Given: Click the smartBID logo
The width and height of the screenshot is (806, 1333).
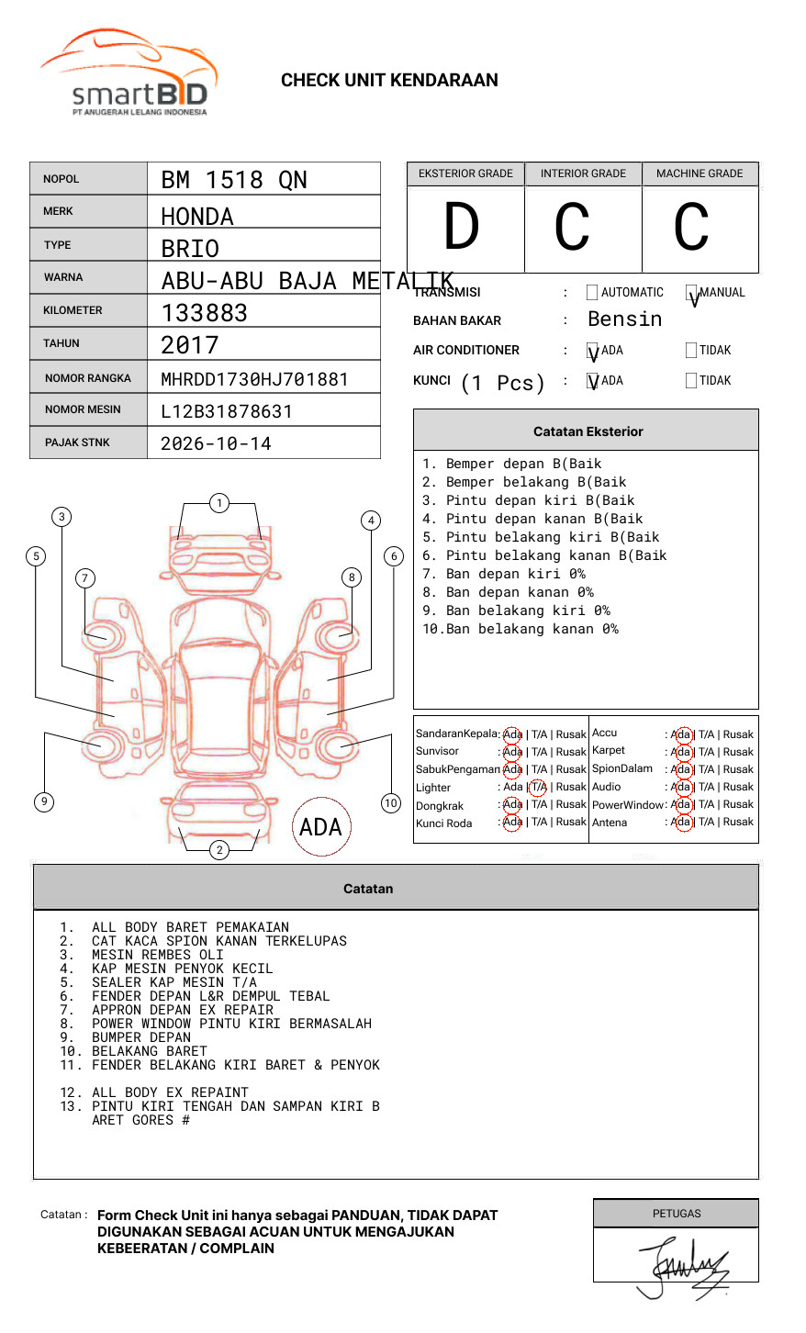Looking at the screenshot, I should pos(129,73).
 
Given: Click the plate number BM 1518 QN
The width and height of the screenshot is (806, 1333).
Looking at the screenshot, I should pos(234,180).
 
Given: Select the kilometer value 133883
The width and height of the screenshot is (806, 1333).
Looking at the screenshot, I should pos(205,313).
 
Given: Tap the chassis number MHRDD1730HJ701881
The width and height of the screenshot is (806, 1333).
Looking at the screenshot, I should pos(254,379).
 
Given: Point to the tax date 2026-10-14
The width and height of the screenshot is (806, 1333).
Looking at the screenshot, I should pos(216,443).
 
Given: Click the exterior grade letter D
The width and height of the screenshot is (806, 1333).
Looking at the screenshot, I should pos(462,227).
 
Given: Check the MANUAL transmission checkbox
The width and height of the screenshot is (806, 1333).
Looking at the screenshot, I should pos(692,293).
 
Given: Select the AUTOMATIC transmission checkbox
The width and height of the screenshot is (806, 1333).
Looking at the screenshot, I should pos(592,293).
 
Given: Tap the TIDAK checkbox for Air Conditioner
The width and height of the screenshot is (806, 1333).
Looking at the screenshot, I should pos(691,351).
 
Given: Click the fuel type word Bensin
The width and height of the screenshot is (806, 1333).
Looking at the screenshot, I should pos(624,319).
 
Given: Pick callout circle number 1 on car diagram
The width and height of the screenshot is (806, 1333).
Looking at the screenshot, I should pos(218,503).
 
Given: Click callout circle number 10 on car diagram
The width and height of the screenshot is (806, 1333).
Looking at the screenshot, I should pos(391,802).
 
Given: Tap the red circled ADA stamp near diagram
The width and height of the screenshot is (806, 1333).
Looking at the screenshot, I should pos(320,827).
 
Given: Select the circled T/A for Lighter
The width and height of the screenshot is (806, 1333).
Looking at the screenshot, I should pos(538,787).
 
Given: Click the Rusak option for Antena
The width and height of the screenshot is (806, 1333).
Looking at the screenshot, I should pos(738,822).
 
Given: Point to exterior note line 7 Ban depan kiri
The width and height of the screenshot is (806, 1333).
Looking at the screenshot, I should pos(505,574).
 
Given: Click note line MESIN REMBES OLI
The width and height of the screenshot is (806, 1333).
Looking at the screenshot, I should pos(157,955).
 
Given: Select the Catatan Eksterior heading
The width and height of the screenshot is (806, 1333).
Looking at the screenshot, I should pos(588,431).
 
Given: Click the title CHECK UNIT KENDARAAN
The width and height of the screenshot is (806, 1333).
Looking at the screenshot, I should pos(389,81).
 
